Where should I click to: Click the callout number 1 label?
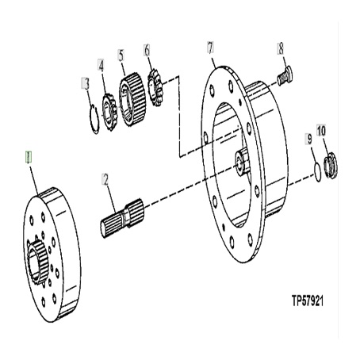(29, 157)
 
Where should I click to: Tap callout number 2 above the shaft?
(105, 179)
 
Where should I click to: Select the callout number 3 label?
(86, 84)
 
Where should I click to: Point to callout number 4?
(101, 66)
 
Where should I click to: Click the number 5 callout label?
(121, 56)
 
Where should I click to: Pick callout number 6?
(147, 50)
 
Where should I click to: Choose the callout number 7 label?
(210, 48)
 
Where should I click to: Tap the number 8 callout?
(281, 48)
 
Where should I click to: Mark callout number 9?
(309, 139)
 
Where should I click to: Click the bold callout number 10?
(321, 130)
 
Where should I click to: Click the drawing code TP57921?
(308, 301)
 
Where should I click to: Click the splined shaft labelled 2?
(123, 217)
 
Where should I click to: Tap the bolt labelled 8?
(285, 75)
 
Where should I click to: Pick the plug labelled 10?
(331, 166)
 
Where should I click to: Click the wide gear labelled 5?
(132, 99)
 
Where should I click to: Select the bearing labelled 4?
(109, 112)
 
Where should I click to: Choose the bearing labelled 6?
(155, 87)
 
